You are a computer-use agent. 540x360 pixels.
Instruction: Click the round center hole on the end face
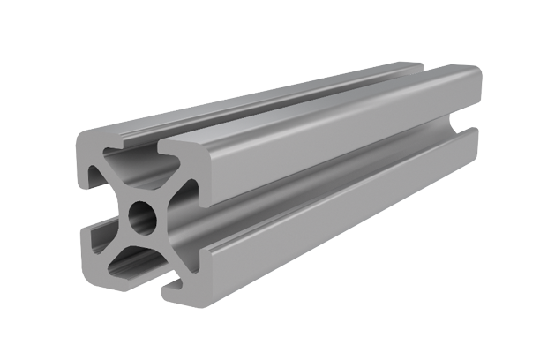[x=141, y=214]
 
